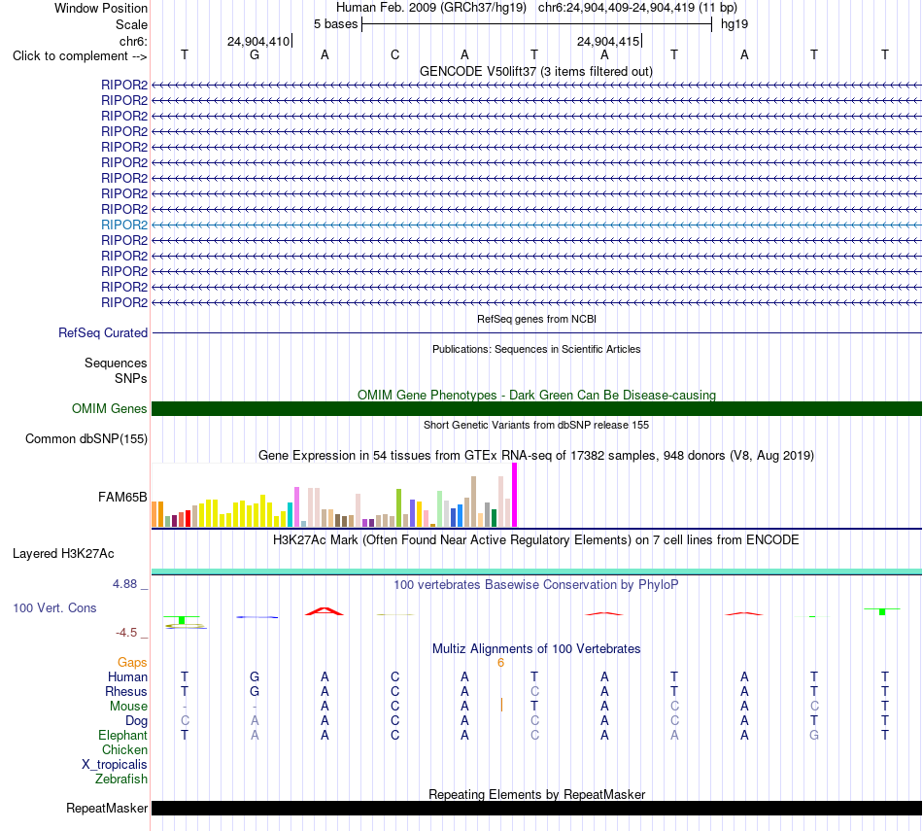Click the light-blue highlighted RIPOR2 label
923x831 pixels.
(x=124, y=225)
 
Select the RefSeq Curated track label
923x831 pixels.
(x=103, y=332)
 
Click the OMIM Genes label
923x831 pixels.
(x=110, y=409)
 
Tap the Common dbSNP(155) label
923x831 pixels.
(x=86, y=438)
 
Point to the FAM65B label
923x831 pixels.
(x=122, y=497)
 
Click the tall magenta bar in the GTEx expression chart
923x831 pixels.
(x=515, y=495)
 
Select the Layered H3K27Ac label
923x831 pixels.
(x=63, y=554)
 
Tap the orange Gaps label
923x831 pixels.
(x=132, y=663)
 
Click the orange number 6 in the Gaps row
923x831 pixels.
(x=501, y=663)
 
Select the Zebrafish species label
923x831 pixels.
(x=121, y=779)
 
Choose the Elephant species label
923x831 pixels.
(x=123, y=736)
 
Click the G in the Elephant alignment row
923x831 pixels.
(x=814, y=735)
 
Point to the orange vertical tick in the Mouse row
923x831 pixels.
(x=501, y=705)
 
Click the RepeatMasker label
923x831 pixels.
(x=107, y=808)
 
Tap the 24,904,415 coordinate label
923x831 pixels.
(x=608, y=41)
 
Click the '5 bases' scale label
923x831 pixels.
(x=335, y=24)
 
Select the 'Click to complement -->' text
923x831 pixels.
(x=80, y=56)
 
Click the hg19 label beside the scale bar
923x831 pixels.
(x=735, y=24)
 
